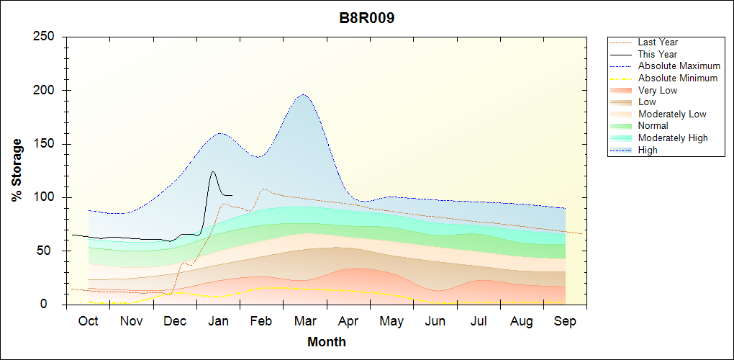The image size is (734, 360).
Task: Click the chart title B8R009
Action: [367, 19]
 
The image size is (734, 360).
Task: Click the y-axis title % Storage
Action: [17, 170]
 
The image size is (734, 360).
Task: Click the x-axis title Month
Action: [327, 342]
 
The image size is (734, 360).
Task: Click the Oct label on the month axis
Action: [88, 321]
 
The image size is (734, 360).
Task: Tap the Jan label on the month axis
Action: [218, 321]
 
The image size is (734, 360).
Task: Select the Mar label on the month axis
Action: [305, 321]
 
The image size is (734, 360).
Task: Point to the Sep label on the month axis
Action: [565, 321]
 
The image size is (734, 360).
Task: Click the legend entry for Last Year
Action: [658, 42]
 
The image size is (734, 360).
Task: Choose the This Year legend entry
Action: [658, 54]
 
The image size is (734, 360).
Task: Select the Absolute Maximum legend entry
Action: [679, 66]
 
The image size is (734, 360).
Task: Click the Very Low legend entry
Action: [658, 90]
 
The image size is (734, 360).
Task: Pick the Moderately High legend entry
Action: [673, 138]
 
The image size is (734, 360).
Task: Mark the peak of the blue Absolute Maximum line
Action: [303, 94]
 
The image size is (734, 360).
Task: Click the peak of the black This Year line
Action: [213, 171]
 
